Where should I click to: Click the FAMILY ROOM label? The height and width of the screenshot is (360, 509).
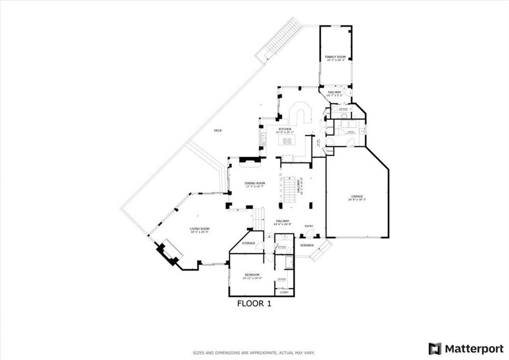(x=335, y=57)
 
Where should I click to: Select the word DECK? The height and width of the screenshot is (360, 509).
(x=218, y=130)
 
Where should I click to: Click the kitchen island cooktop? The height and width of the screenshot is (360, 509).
(x=287, y=142)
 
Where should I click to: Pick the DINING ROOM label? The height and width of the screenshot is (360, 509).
(x=254, y=183)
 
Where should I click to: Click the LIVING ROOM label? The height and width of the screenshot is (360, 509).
(x=199, y=229)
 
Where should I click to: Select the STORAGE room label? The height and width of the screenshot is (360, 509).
(x=249, y=243)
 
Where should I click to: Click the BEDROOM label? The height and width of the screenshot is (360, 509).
(x=252, y=275)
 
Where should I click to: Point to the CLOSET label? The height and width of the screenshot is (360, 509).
(x=284, y=292)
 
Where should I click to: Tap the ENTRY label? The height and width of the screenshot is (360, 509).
(x=309, y=226)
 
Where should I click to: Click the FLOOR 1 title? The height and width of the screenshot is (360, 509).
(x=254, y=303)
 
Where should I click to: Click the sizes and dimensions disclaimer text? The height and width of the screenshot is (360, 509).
(x=254, y=353)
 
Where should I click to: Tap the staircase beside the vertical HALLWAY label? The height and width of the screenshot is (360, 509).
(x=289, y=190)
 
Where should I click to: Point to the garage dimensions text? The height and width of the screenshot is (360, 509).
(x=357, y=200)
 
